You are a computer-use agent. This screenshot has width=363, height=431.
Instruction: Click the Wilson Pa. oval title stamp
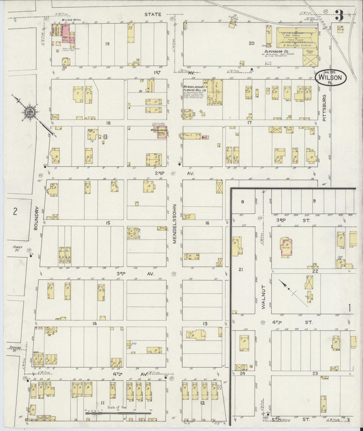(x=331, y=78)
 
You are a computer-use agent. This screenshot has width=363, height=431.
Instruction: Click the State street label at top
(x=152, y=15)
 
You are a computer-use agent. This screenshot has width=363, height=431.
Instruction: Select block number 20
(x=251, y=43)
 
